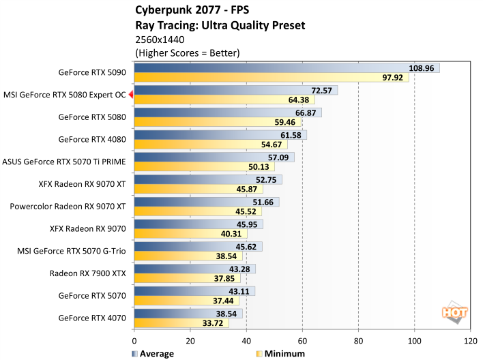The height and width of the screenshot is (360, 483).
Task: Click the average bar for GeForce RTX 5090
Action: [287, 68]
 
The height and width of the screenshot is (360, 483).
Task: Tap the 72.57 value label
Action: [321, 90]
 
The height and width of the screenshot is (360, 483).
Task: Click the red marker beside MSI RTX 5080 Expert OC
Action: [131, 95]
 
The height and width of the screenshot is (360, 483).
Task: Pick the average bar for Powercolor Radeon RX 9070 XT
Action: [207, 202]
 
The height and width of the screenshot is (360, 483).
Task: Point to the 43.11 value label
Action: [239, 290]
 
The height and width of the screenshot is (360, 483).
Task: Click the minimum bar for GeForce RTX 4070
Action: [181, 321]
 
